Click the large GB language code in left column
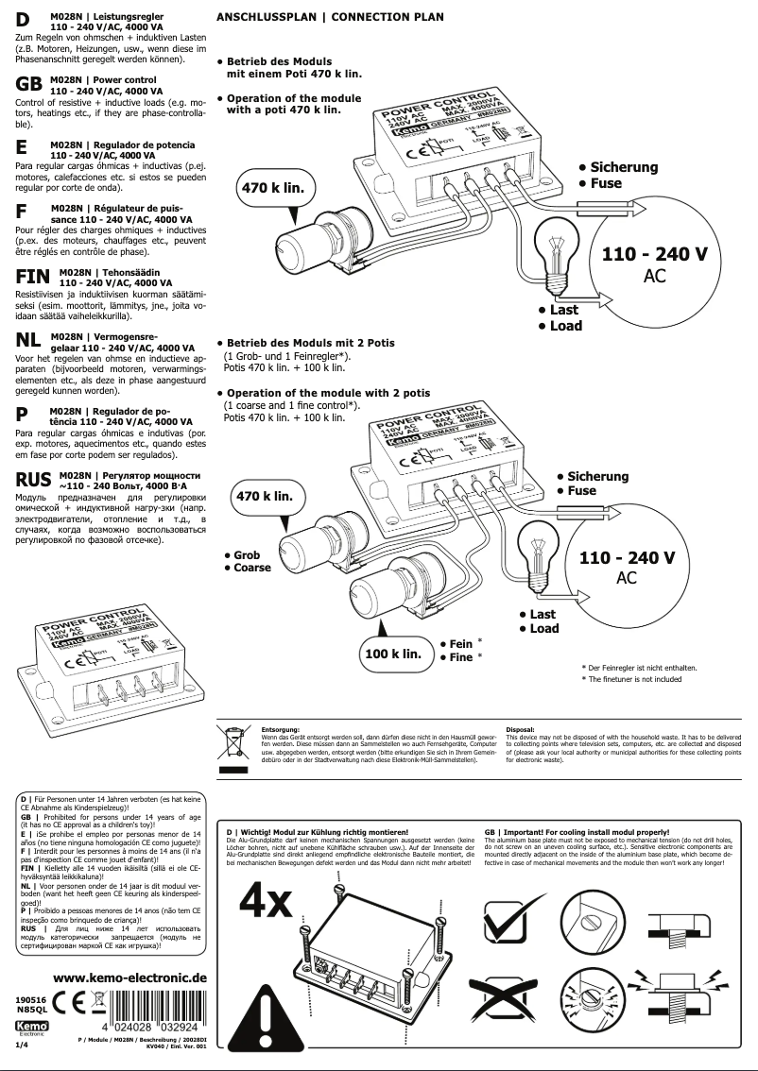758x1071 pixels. [x=29, y=84]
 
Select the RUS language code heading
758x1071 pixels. [x=34, y=479]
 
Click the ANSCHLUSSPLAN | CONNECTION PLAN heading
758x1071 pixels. [x=318, y=17]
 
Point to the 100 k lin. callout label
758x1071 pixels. [x=392, y=654]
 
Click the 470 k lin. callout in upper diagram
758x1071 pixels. [x=273, y=188]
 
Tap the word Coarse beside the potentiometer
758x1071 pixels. [x=252, y=568]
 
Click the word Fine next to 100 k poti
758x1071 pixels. [x=461, y=657]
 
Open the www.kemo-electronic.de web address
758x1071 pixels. [x=129, y=977]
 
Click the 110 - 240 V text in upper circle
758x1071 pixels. [x=654, y=255]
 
